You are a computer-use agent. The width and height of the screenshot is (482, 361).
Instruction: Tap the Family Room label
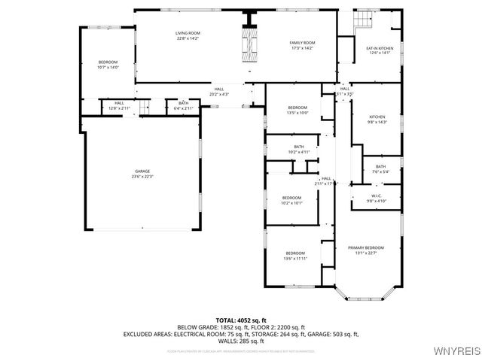[302, 45]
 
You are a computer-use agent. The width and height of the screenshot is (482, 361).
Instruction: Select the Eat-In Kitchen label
[380, 50]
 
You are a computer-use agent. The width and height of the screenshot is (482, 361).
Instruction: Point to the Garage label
[142, 174]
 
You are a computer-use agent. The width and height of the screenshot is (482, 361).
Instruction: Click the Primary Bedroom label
[365, 250]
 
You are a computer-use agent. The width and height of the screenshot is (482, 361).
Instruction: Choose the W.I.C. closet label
[377, 199]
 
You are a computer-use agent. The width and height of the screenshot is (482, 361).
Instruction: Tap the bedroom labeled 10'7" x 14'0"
[108, 65]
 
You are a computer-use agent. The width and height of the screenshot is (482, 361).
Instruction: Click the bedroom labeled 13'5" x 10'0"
[297, 111]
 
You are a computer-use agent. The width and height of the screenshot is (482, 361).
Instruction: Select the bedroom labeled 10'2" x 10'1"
[291, 200]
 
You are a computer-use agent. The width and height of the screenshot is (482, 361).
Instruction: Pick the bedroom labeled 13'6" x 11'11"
[294, 256]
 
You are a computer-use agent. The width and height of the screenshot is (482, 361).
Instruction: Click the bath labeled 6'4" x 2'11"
[184, 106]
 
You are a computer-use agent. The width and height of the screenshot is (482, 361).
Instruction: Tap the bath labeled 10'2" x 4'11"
[299, 149]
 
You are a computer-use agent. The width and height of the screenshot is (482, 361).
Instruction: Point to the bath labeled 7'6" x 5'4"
[380, 168]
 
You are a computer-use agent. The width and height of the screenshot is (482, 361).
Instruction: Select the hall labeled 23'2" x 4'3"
[218, 92]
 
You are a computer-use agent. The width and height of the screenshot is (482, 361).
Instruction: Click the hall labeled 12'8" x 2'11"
[119, 106]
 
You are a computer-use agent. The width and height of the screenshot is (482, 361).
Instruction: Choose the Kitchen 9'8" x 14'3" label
[377, 120]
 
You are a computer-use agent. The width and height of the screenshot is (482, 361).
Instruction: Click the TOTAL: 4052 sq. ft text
[241, 320]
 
